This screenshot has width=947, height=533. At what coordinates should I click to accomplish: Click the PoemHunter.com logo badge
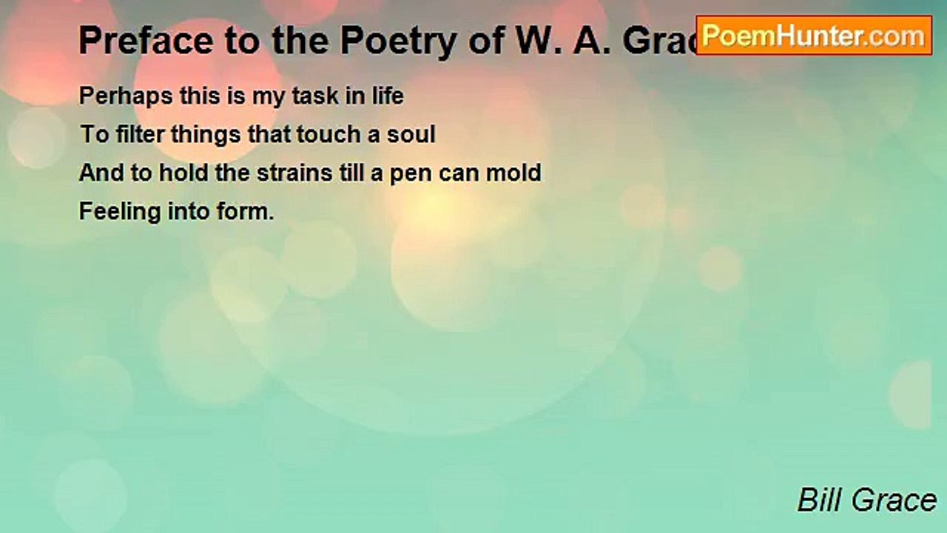tap(814, 36)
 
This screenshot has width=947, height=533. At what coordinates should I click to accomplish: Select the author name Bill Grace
tap(866, 500)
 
